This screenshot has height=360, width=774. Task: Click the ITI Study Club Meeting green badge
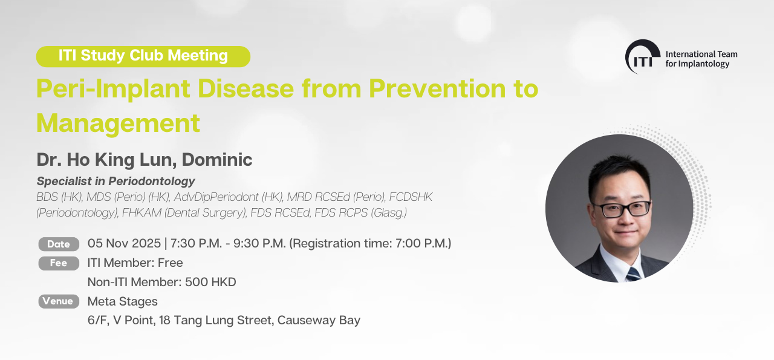point(143,56)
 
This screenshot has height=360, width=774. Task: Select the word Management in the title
point(118,123)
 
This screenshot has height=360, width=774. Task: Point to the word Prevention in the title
point(435,88)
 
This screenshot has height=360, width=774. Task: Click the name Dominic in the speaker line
point(217,160)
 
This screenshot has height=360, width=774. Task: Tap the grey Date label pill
point(59,244)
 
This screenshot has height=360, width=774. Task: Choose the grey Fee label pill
point(59,263)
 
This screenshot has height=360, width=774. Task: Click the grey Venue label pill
point(59,301)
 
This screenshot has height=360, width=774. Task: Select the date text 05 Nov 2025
point(124,243)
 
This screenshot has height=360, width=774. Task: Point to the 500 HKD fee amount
point(210,282)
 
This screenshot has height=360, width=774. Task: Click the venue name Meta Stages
point(122,301)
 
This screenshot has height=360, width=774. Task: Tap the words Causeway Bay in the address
point(319,321)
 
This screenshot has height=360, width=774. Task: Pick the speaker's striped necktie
point(633,274)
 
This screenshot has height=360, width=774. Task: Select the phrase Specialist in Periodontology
point(115,182)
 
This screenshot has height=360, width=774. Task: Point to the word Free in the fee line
point(171,263)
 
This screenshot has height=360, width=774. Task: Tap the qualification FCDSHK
point(411,197)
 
